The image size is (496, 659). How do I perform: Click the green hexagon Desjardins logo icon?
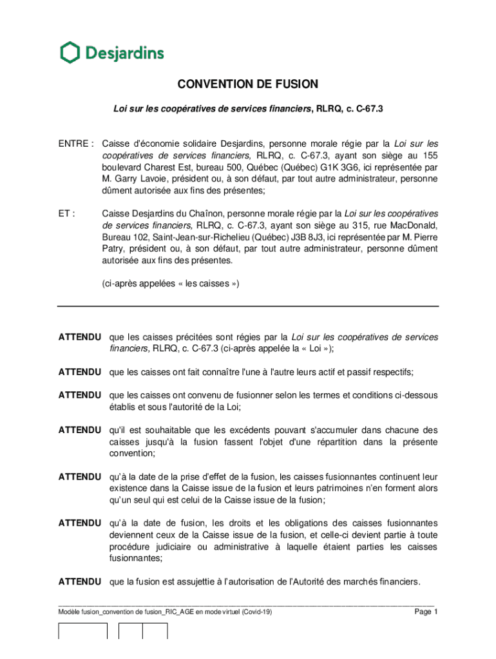coord(70,52)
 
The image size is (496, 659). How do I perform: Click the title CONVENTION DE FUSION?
coord(248,84)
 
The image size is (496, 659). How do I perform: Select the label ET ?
coord(68,214)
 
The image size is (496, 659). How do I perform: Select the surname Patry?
coord(115,250)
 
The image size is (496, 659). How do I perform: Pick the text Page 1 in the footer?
coord(426,612)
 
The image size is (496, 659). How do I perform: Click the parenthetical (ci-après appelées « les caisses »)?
coord(170,284)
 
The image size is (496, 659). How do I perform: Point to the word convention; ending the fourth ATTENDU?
coord(133,453)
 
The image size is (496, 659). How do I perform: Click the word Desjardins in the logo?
coord(122,53)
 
